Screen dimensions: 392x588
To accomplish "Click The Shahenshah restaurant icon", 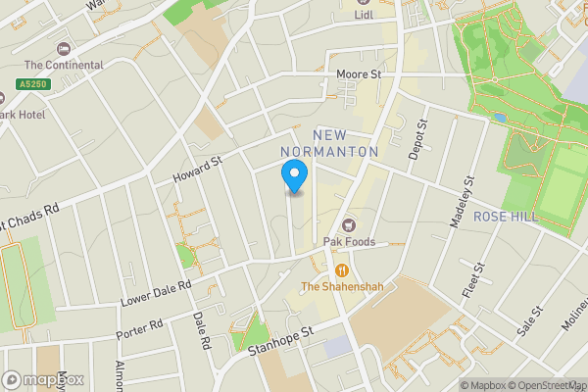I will (341, 269).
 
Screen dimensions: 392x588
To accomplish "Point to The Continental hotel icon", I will (65, 49).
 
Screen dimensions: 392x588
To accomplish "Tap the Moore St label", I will (358, 73).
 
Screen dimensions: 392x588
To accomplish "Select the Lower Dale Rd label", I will (154, 292).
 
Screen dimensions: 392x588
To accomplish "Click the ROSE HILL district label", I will (506, 217).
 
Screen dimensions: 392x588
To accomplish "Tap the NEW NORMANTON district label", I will (329, 143).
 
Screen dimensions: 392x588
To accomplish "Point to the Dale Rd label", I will (202, 331).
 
